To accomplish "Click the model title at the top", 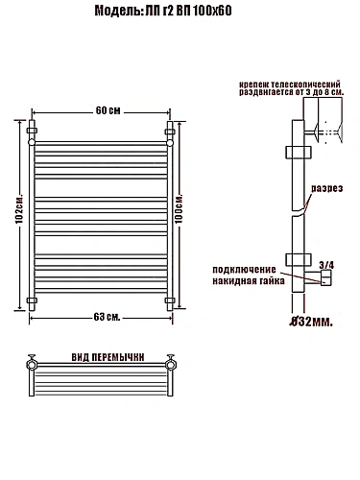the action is coord(163,12).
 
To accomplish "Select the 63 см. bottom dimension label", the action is coord(107,317).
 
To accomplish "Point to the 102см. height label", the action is coord(19,208).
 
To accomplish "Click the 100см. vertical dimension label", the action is coord(179,208).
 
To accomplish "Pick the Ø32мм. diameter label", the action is coord(311,322).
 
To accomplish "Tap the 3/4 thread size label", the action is coord(326,265).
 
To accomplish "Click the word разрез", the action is coord(327,188).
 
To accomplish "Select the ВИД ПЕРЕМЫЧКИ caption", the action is coord(108,357).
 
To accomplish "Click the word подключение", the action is coord(244,270).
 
